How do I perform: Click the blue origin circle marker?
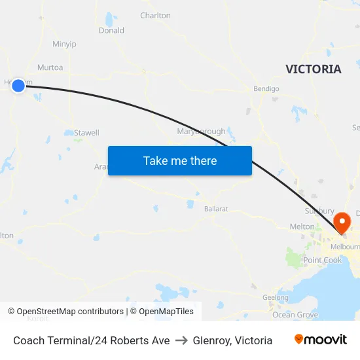click(x=18, y=85)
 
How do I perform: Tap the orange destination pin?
click(x=342, y=223)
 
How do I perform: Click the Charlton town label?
click(x=155, y=15)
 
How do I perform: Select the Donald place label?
click(x=111, y=30)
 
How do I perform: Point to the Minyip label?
click(x=64, y=44)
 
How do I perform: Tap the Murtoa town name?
click(x=50, y=67)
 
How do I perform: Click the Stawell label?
click(x=86, y=133)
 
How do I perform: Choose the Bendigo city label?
click(x=266, y=88)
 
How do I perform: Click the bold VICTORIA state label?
click(x=314, y=69)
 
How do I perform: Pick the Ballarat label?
click(x=215, y=209)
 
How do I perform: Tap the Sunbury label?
click(x=319, y=211)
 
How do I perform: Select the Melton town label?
click(x=302, y=226)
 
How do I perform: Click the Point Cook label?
click(x=322, y=261)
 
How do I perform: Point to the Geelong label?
click(x=275, y=298)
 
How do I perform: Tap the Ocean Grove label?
click(x=295, y=315)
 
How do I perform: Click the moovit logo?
click(x=321, y=340)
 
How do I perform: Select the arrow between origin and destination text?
click(x=181, y=340)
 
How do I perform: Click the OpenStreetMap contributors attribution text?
click(x=70, y=312)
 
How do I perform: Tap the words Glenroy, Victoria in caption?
click(x=232, y=340)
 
